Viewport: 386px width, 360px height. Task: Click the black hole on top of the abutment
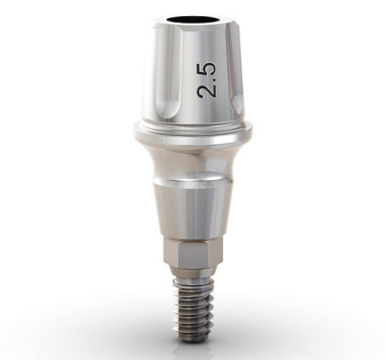pyautogui.click(x=189, y=20)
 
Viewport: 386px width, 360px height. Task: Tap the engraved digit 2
pyautogui.click(x=207, y=90)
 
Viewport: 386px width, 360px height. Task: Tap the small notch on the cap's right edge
pyautogui.click(x=238, y=104)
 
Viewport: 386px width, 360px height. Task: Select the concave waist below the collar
pyautogui.click(x=193, y=160)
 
